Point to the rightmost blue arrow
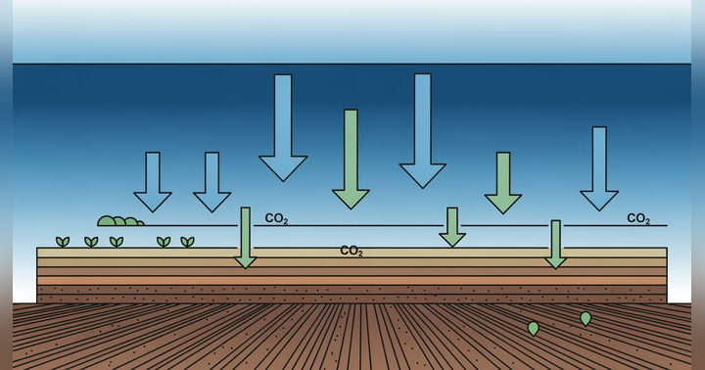tap(598, 169)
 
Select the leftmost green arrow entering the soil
tap(245, 238)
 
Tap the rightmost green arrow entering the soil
tap(555, 244)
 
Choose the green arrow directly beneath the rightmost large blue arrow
tap(451, 227)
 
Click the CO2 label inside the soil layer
tap(352, 252)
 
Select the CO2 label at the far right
tap(638, 219)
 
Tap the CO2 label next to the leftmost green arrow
tap(276, 219)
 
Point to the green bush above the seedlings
tap(119, 221)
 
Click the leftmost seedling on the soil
tap(63, 241)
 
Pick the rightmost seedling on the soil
tap(187, 241)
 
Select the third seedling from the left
tap(117, 241)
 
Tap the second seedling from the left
tap(91, 241)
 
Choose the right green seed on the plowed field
tap(586, 318)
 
